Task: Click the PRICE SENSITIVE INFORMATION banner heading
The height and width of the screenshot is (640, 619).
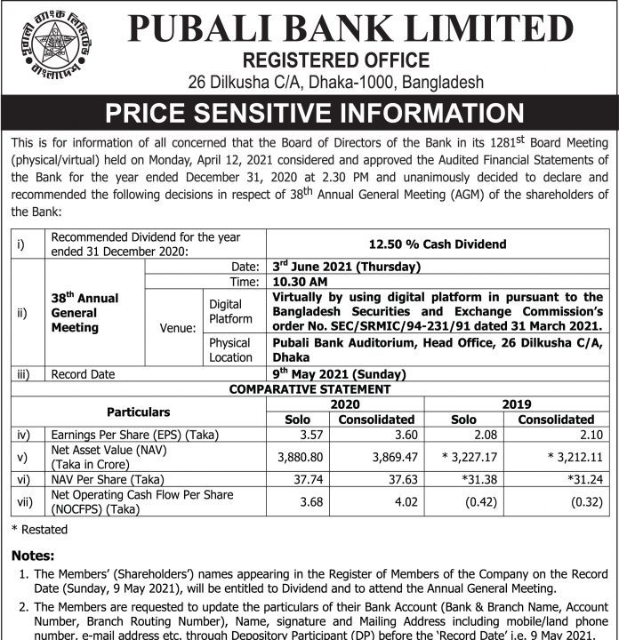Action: pyautogui.click(x=314, y=113)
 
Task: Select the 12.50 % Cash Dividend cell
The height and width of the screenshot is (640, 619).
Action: pyautogui.click(x=437, y=244)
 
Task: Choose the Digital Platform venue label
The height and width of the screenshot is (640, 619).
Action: pyautogui.click(x=230, y=311)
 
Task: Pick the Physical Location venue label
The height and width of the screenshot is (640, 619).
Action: pyautogui.click(x=230, y=349)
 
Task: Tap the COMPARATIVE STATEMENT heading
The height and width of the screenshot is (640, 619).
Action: pyautogui.click(x=310, y=388)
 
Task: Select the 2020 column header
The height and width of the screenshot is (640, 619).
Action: pyautogui.click(x=345, y=404)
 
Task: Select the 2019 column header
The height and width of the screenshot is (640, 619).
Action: pyautogui.click(x=516, y=404)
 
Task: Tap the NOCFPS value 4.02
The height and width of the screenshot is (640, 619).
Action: pyautogui.click(x=402, y=501)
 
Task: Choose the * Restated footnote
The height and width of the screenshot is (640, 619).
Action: pyautogui.click(x=39, y=529)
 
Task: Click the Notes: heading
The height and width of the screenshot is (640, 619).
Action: pyautogui.click(x=33, y=556)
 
